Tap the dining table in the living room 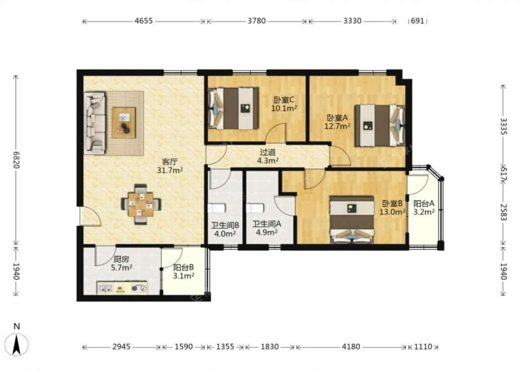[x=141, y=205]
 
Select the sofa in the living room [x=95, y=123]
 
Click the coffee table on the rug [x=123, y=123]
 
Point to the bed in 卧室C [x=233, y=109]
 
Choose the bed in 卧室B [x=352, y=220]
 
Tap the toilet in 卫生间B [x=217, y=208]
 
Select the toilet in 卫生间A [x=255, y=208]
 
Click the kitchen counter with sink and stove [x=122, y=288]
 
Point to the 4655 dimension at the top [x=144, y=21]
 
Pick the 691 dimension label [x=418, y=21]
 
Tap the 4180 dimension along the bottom [x=351, y=346]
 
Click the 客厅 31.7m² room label [x=170, y=166]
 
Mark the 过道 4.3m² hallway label [x=268, y=157]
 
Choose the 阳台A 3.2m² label [x=424, y=208]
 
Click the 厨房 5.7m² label [x=121, y=263]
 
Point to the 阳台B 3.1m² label [x=183, y=271]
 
